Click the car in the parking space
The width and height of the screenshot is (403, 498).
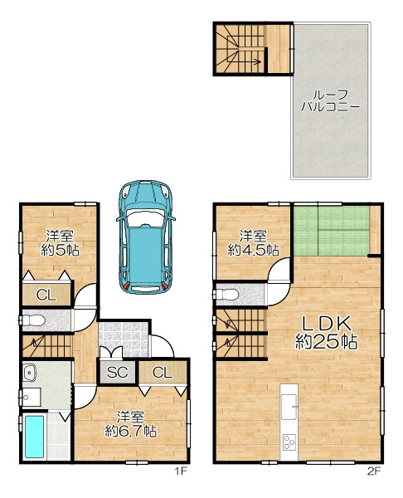(146, 237)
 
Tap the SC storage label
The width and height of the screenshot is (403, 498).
(117, 372)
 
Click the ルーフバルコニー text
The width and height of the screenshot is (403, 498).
(330, 100)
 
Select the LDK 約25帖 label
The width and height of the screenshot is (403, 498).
(327, 333)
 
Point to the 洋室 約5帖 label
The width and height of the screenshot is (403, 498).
(60, 243)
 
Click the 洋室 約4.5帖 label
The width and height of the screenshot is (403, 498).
(253, 243)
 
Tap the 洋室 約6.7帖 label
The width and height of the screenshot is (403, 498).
(131, 424)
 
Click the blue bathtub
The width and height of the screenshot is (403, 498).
(34, 437)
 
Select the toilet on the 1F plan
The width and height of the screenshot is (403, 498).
(32, 320)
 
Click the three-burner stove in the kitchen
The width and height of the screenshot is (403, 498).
(289, 442)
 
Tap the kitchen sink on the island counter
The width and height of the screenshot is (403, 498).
(289, 407)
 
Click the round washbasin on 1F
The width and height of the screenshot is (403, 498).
(30, 373)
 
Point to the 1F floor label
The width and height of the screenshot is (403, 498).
(182, 471)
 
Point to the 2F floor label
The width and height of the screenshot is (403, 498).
(374, 471)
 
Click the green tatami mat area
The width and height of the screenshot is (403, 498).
(332, 231)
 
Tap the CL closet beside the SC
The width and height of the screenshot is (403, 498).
(163, 372)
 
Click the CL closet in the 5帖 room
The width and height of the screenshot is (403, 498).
(46, 295)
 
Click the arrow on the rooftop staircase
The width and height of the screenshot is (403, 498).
(250, 61)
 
